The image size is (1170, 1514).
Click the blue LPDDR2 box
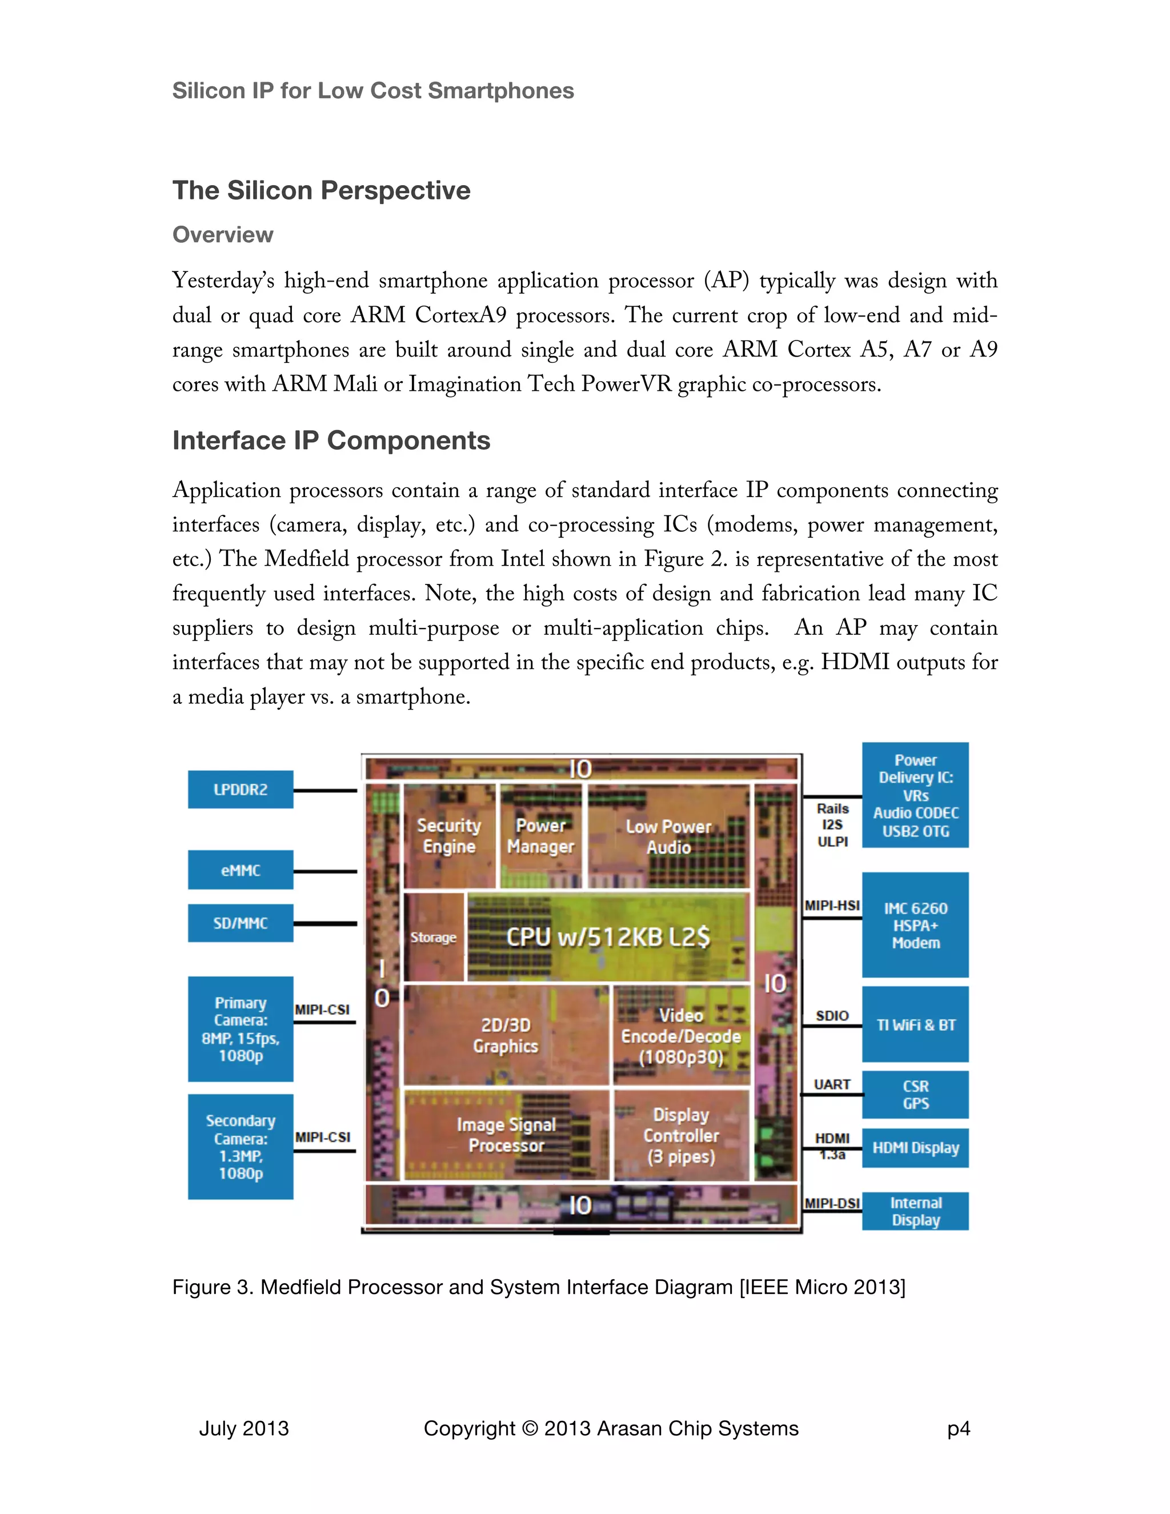pyautogui.click(x=240, y=789)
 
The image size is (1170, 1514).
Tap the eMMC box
pyautogui.click(x=240, y=870)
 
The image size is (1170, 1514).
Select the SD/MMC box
pyautogui.click(x=240, y=923)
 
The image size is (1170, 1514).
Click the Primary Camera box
pyautogui.click(x=240, y=1029)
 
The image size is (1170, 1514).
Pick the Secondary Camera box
pyautogui.click(x=240, y=1147)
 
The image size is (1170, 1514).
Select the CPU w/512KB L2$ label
pyautogui.click(x=608, y=936)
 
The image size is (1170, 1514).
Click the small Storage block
pyautogui.click(x=433, y=937)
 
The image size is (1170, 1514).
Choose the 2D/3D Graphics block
pyautogui.click(x=506, y=1035)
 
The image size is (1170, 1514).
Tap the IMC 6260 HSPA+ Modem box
pyautogui.click(x=915, y=925)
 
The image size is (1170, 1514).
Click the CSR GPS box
pyautogui.click(x=915, y=1095)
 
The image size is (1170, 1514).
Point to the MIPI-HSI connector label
pyautogui.click(x=832, y=906)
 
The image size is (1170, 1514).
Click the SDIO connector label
pyautogui.click(x=832, y=1016)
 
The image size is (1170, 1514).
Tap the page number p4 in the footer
pyautogui.click(x=959, y=1428)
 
